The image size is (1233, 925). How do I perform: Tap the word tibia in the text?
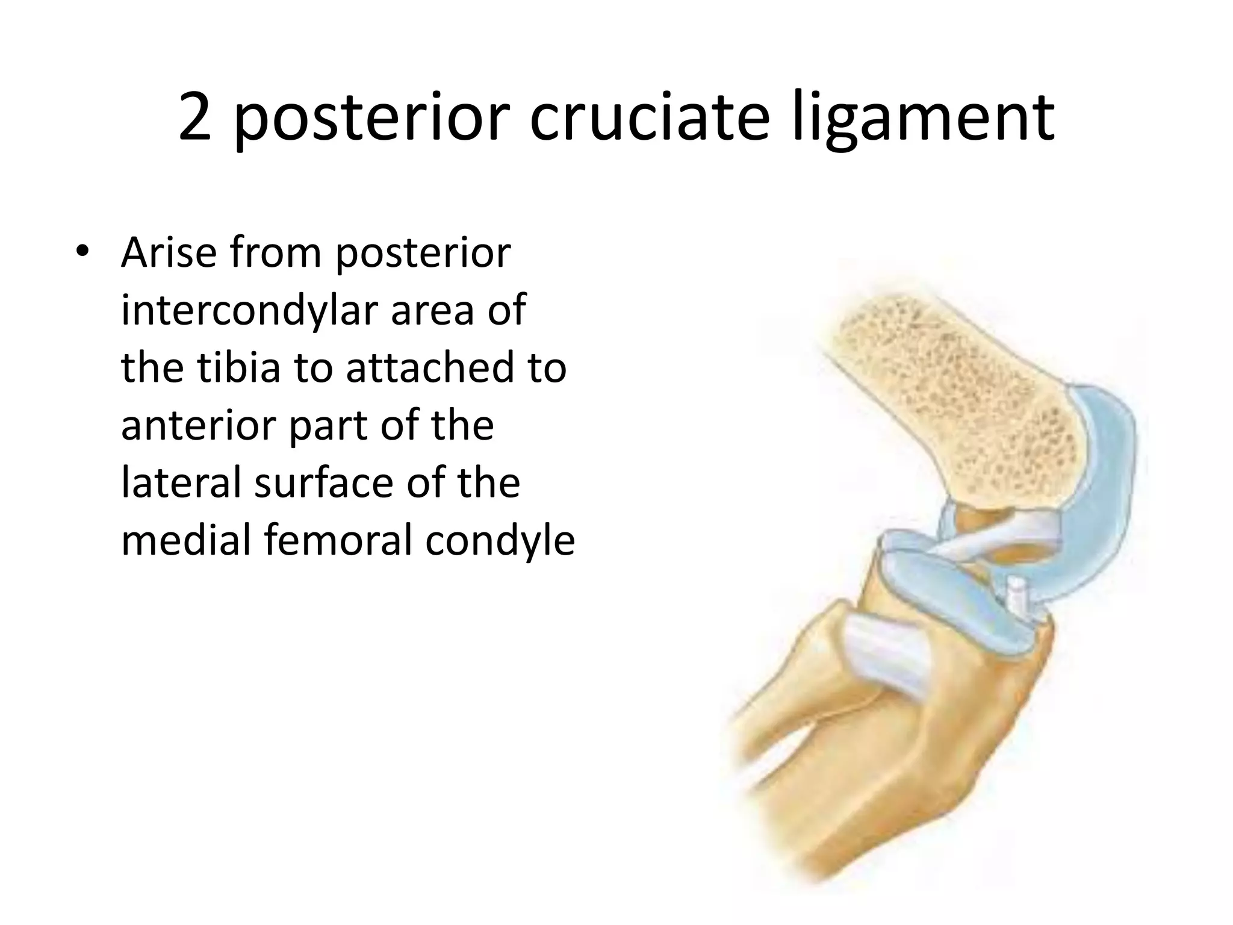(239, 367)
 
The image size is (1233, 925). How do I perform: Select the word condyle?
(500, 540)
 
